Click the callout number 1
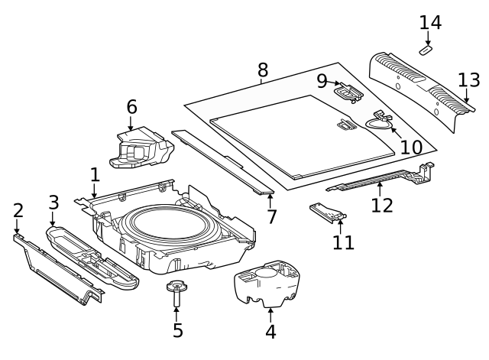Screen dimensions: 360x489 coord(95,175)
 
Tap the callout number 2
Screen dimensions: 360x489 coord(18,210)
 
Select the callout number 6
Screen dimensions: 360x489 coord(131,107)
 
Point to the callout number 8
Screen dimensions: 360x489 coord(263,70)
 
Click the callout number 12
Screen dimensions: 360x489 coord(382,205)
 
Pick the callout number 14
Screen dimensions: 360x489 coord(430,22)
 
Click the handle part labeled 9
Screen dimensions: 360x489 coord(349,92)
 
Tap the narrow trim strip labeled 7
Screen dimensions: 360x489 coord(222,161)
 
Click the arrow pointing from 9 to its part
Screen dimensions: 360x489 coord(333,83)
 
